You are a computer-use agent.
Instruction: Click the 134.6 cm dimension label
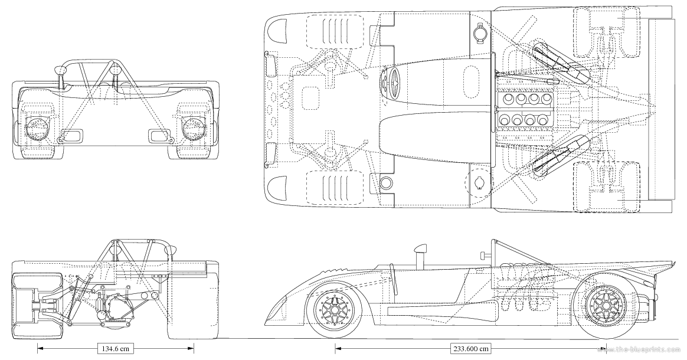tap(114, 348)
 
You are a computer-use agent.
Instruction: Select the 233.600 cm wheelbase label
tap(471, 348)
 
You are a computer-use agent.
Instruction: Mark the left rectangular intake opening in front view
tap(71, 137)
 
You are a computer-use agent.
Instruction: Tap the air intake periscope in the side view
tap(421, 258)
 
